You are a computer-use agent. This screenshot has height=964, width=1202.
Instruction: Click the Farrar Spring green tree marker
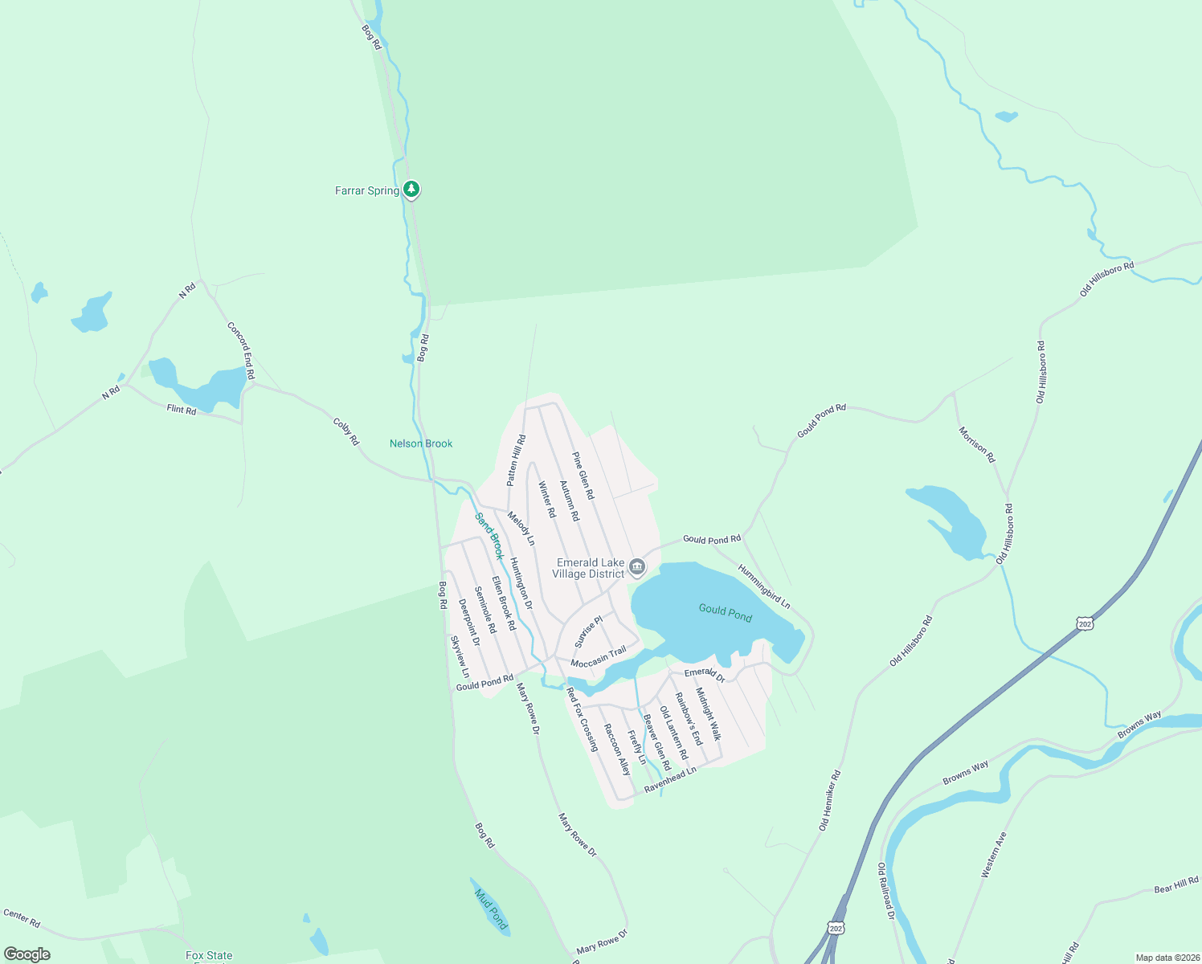point(411,190)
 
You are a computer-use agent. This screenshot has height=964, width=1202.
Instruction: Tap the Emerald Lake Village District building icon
point(637,568)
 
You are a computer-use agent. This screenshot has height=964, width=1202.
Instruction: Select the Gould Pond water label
point(725,613)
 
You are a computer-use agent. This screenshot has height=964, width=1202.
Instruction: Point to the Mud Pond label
point(491,909)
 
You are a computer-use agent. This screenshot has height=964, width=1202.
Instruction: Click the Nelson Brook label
point(421,443)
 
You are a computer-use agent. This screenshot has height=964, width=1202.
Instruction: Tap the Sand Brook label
point(489,536)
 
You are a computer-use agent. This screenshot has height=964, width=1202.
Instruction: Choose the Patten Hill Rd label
point(516,460)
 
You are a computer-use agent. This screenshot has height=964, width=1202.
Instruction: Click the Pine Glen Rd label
point(583,476)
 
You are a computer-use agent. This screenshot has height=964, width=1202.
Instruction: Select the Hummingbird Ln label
point(764,586)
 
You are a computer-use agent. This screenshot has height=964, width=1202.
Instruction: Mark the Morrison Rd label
point(977,444)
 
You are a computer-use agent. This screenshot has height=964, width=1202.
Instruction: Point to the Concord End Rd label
point(241,350)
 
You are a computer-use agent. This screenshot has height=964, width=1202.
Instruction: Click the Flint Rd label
point(182,410)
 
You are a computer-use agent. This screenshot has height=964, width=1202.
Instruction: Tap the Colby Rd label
point(346,431)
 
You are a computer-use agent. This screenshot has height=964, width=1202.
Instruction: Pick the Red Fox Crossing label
point(583,719)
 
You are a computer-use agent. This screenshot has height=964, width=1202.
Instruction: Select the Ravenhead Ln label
point(670,779)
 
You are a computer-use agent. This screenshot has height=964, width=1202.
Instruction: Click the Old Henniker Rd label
point(830,800)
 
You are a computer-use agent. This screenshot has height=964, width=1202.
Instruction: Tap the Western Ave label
point(994,855)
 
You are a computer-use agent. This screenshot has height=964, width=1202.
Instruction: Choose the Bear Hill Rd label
point(1176,884)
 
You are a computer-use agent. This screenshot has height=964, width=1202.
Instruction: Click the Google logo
point(27,954)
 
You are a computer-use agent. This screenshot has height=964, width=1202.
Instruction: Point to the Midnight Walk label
point(708,713)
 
